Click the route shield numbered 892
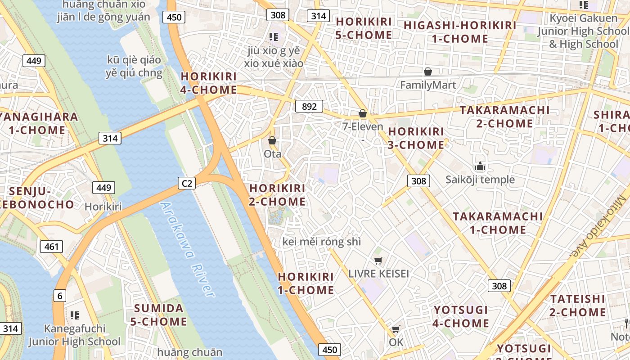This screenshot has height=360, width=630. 309,106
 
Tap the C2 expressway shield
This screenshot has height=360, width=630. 187,183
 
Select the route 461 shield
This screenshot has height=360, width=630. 51,246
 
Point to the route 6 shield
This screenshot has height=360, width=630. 59,296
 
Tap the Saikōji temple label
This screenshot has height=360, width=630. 480,180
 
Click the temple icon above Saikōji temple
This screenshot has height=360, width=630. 480,166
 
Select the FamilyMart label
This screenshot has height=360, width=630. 428,85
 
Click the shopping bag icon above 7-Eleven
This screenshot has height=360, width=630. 363,113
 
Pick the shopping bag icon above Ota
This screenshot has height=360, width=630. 272,140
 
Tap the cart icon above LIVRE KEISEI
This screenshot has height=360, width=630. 378,261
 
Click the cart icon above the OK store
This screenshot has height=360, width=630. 396,329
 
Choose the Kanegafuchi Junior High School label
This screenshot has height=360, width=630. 75,335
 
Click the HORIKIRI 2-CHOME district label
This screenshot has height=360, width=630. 277,195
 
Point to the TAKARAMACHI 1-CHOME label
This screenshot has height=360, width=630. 498,223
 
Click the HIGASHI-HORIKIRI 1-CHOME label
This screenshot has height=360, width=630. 460,32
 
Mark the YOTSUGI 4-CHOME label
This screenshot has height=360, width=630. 461,316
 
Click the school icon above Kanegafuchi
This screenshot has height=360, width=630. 75,315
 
